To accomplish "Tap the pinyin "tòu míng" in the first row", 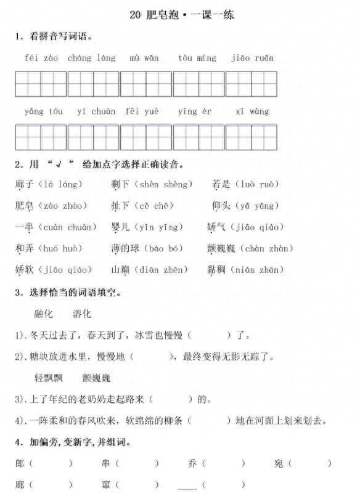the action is (197, 59).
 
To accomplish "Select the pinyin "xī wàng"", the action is (252, 112).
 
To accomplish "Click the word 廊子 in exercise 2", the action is (24, 184).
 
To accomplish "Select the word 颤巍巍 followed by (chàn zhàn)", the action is (221, 248).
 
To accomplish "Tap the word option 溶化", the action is (81, 314).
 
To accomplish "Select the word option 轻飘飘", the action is (49, 378).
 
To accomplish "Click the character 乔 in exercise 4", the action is (192, 463).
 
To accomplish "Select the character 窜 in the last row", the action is (106, 485).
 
